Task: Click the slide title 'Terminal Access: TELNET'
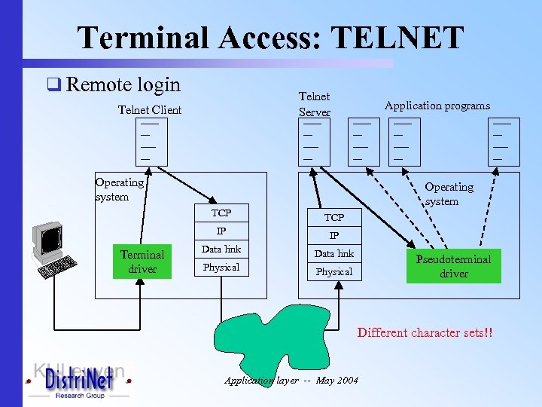(270, 37)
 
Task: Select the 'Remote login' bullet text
(123, 84)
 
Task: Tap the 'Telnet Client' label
(150, 110)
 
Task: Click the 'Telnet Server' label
(315, 104)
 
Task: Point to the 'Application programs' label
(437, 106)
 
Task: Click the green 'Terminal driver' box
(142, 262)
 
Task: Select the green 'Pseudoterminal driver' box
(453, 266)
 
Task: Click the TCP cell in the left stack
(221, 213)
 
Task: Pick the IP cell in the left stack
(221, 231)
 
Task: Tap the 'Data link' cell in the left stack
(221, 249)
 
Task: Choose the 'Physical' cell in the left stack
(221, 268)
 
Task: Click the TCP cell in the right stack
(334, 217)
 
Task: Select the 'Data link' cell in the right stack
(334, 254)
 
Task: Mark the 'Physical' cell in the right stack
(334, 272)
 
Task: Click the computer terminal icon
(51, 249)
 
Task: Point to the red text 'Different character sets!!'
(425, 332)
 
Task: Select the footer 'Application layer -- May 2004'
(291, 381)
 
